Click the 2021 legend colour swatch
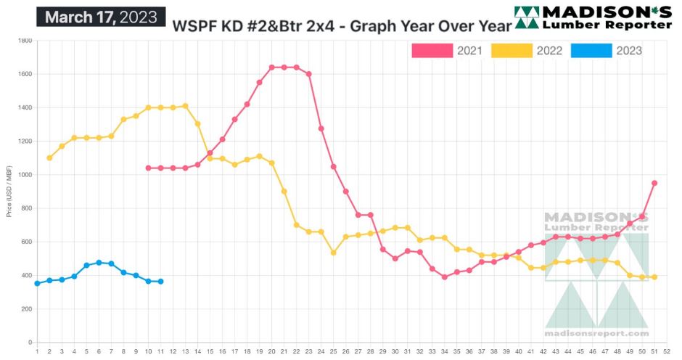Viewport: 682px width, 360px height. point(432,51)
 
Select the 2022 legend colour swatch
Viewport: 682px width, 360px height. point(511,51)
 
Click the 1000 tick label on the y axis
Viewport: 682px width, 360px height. point(24,175)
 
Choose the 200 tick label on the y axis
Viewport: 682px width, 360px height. point(25,309)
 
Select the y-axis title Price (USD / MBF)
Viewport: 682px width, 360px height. point(9,192)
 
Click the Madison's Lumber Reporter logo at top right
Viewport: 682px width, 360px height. point(593,17)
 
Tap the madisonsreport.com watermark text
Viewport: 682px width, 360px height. point(596,333)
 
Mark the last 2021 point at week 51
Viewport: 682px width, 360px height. point(654,183)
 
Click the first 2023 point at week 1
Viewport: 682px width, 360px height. point(37,283)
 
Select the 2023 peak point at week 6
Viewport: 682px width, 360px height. point(99,263)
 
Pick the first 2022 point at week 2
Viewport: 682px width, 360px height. point(49,157)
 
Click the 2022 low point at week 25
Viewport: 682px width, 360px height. point(333,253)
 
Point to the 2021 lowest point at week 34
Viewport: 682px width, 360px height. point(444,277)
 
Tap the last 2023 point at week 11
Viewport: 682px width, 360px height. point(160,282)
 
